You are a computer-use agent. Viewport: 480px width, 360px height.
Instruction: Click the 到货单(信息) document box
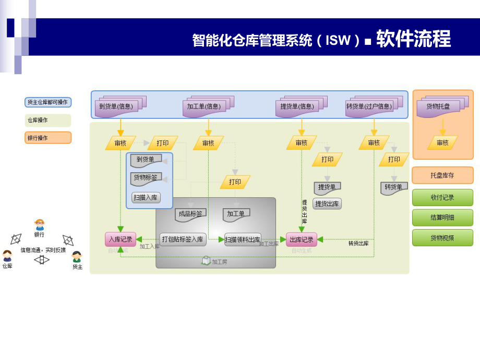(116, 107)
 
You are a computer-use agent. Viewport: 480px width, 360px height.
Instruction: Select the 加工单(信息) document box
(204, 107)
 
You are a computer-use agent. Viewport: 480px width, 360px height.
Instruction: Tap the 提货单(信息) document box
(297, 107)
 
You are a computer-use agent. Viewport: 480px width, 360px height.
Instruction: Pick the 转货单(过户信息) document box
(369, 107)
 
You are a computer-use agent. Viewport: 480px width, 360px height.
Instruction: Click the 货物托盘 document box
(438, 107)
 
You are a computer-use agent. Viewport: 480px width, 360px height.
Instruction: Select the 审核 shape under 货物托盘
(442, 142)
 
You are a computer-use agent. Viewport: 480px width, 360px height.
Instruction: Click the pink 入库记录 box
(121, 239)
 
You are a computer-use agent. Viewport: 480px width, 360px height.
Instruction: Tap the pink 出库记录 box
(302, 239)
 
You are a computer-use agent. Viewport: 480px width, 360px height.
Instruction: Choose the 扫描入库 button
(146, 198)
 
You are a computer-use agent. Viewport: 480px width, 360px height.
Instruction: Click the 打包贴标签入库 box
(183, 239)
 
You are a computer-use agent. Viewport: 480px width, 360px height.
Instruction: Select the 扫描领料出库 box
(243, 239)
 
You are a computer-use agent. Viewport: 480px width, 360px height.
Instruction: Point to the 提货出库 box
(327, 203)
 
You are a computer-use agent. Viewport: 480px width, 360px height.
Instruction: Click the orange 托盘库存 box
(442, 175)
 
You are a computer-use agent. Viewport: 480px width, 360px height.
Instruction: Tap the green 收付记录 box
(442, 198)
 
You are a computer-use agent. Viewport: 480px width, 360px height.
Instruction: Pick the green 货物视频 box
(442, 238)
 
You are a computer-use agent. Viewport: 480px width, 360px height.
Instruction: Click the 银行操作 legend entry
(48, 138)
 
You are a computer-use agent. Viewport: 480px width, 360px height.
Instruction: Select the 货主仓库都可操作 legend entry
(48, 102)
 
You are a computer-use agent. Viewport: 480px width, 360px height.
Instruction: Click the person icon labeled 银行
(40, 225)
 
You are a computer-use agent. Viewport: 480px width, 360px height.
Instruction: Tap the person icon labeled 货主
(77, 257)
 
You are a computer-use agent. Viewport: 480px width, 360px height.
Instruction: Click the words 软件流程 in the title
(413, 39)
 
